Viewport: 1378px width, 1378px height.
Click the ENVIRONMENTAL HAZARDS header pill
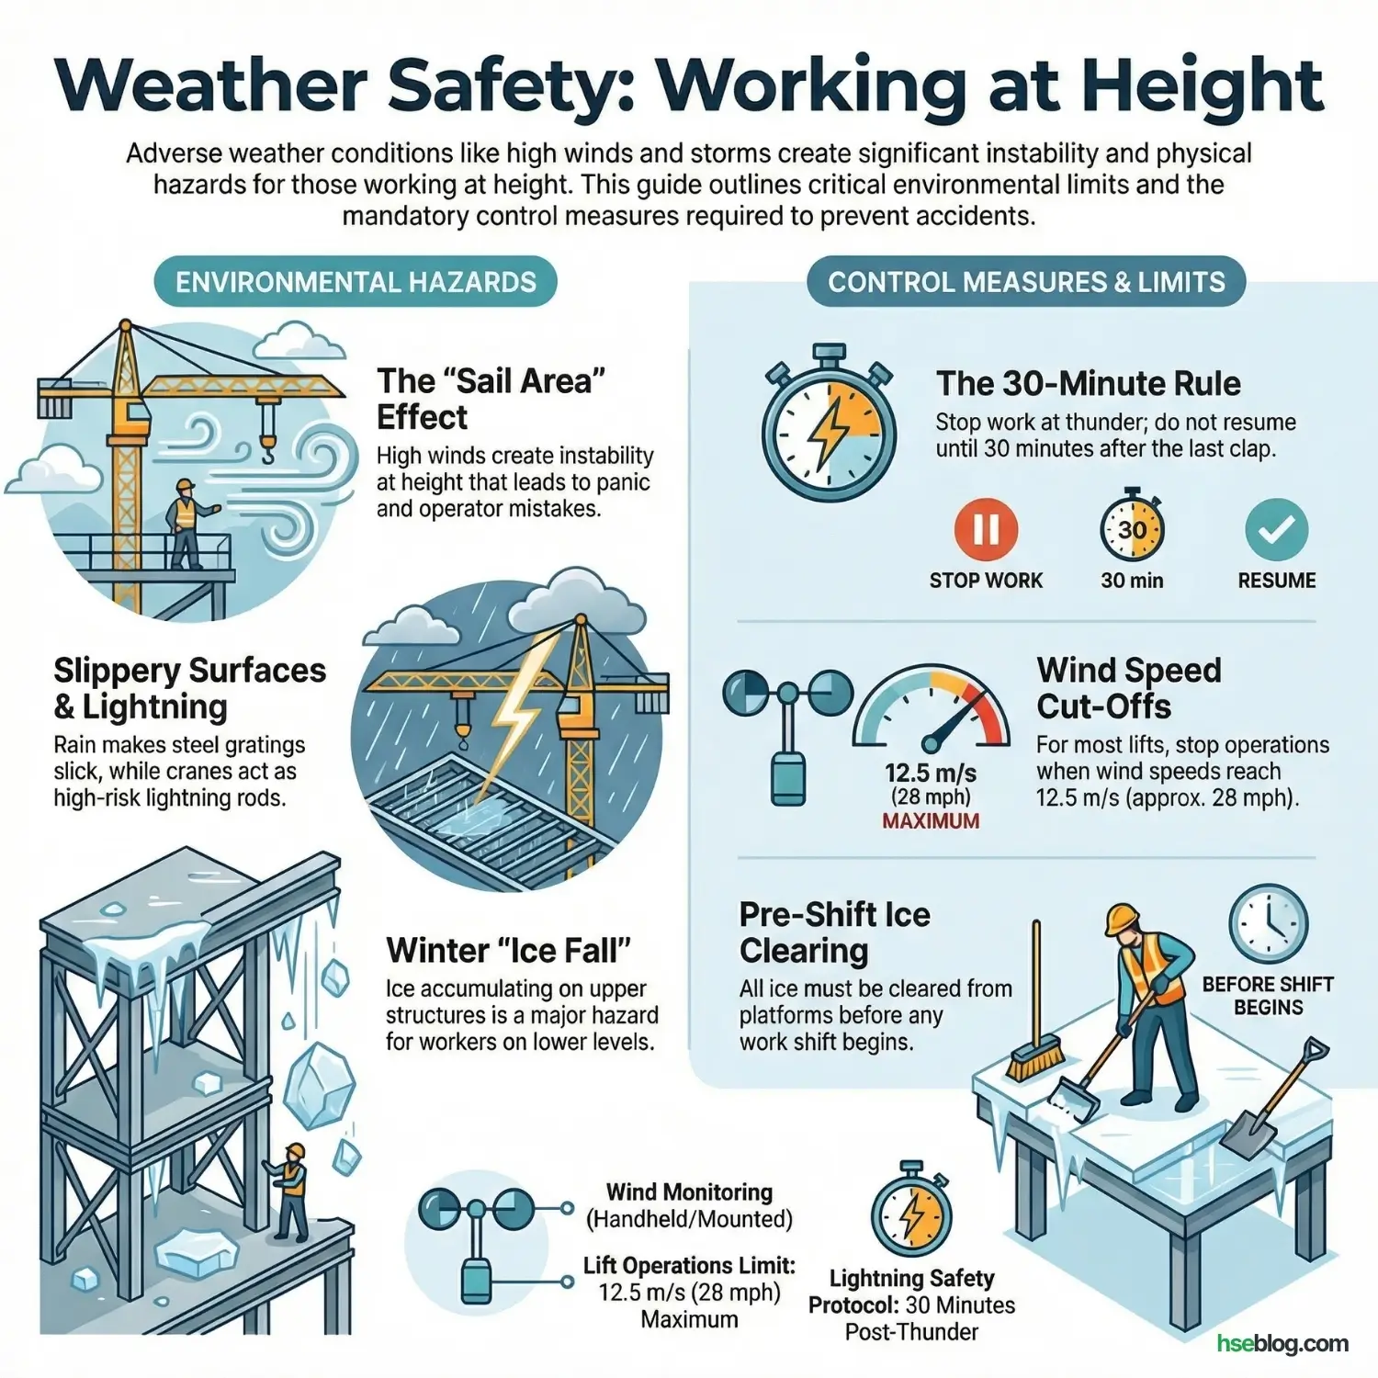click(355, 282)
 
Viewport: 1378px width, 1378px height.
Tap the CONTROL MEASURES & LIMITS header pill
click(1026, 282)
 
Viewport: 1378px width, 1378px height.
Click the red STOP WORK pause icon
click(986, 530)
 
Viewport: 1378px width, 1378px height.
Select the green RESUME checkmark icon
click(1276, 530)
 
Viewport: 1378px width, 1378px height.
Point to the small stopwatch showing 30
click(1132, 529)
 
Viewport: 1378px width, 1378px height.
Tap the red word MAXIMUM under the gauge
click(931, 821)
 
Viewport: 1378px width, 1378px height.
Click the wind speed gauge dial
click(932, 712)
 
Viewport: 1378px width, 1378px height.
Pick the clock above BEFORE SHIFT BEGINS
click(1268, 923)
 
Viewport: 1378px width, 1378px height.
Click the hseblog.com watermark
click(1282, 1343)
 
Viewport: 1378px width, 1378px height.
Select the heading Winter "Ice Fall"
click(508, 950)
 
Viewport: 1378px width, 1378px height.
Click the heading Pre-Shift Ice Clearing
click(834, 932)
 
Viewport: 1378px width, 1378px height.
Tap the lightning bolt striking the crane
click(522, 707)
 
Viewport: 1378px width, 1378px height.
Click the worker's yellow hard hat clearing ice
click(1122, 918)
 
